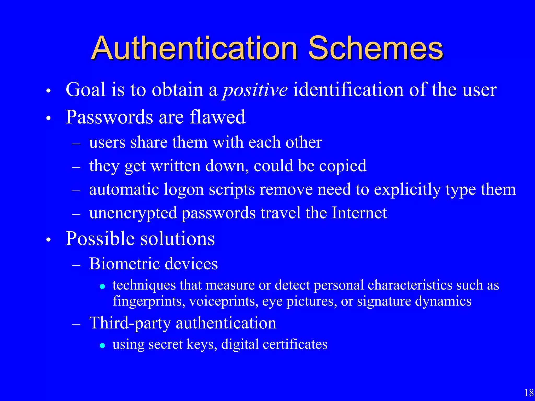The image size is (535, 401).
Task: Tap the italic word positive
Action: coord(255,90)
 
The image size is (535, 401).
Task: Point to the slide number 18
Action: coord(529,393)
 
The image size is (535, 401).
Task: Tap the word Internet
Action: coord(359,213)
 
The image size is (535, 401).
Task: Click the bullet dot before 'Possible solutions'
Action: coord(48,240)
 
